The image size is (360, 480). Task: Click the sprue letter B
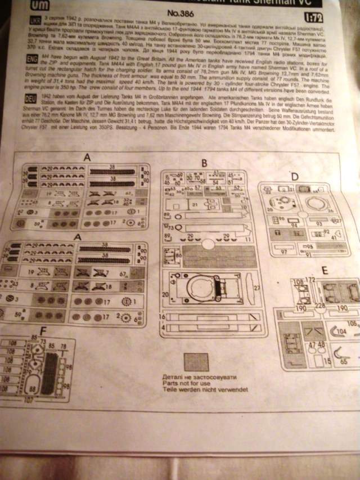pyautogui.click(x=205, y=163)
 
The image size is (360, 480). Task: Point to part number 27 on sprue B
pyautogui.click(x=256, y=289)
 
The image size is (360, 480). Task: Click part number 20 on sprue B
pyautogui.click(x=165, y=294)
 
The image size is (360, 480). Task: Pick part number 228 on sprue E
pyautogui.click(x=320, y=306)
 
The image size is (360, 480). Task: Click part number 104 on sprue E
pyautogui.click(x=342, y=332)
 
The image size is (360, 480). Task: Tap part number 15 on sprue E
pyautogui.click(x=327, y=359)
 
